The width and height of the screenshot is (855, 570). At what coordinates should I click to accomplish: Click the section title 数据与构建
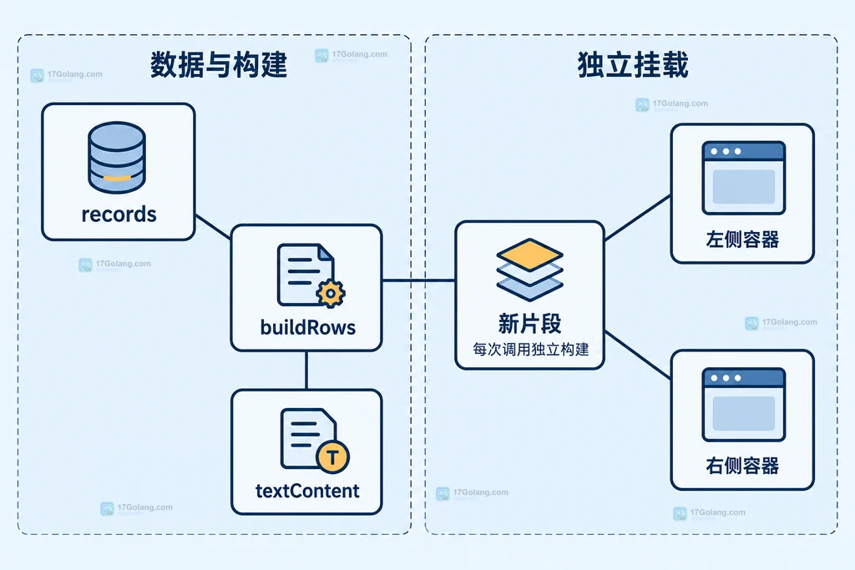pos(219,65)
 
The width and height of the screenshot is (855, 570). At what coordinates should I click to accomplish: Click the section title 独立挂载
pos(633,65)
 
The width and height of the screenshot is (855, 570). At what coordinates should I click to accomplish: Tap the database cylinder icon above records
pos(117,158)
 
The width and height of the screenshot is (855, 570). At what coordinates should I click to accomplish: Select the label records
pos(119,214)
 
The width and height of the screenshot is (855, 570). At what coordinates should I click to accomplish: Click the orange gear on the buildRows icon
pos(331,294)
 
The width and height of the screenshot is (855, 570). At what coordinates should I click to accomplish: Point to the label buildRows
pos(308,327)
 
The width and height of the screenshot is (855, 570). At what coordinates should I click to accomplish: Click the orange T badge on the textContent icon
pos(332,457)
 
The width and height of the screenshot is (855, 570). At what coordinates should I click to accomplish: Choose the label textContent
pos(307,491)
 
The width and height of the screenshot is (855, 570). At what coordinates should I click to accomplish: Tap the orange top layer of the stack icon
pos(529,255)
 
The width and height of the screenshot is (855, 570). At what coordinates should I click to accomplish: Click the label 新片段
pos(529,324)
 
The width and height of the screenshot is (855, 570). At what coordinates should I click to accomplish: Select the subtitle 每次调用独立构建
pos(530,350)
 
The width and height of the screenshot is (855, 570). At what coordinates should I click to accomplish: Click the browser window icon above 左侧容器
pos(744,179)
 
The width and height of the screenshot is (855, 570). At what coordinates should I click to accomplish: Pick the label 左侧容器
pos(742,240)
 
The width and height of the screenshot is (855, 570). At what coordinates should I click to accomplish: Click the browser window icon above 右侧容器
pos(744,405)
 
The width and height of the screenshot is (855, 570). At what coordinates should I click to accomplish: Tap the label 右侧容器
pos(742,466)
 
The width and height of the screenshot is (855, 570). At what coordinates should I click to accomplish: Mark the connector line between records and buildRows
pos(213,227)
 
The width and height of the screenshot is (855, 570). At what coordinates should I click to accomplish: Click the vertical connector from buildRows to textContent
pos(306,370)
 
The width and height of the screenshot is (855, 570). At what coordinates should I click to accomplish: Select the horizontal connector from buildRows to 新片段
pos(419,280)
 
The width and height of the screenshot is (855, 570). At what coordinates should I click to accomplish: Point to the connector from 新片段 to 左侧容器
pos(637,218)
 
